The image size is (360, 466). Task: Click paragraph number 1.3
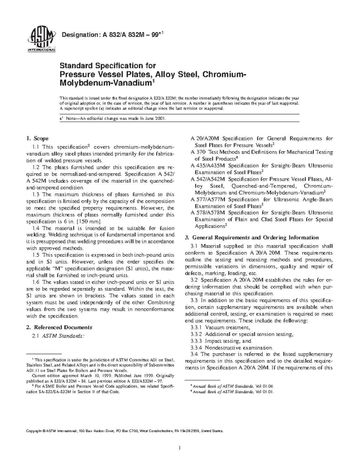tap(35, 194)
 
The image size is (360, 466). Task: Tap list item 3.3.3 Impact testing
tap(221, 341)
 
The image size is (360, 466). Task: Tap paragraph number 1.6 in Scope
tap(35, 282)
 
